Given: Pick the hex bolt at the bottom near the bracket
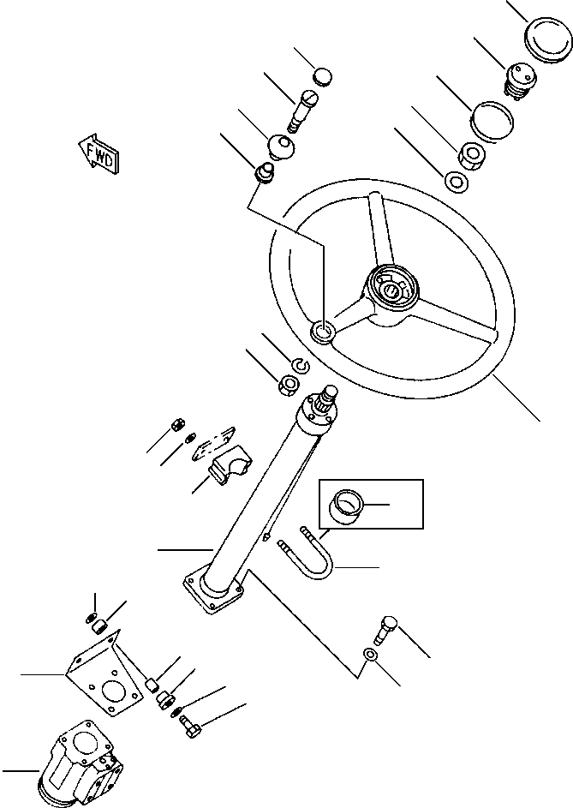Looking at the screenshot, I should [x=190, y=728].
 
